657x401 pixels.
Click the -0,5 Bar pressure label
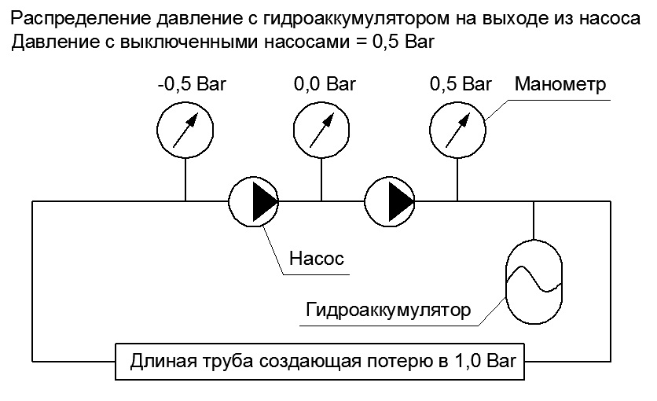pos(192,84)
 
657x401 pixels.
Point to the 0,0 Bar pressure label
pos(325,84)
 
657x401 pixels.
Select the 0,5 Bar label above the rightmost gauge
pos(461,84)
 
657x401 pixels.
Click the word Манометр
pos(560,84)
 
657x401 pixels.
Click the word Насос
pos(317,258)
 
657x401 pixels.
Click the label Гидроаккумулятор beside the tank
pos(388,310)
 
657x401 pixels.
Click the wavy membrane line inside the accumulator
pos(534,278)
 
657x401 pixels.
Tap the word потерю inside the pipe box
pos(399,361)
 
